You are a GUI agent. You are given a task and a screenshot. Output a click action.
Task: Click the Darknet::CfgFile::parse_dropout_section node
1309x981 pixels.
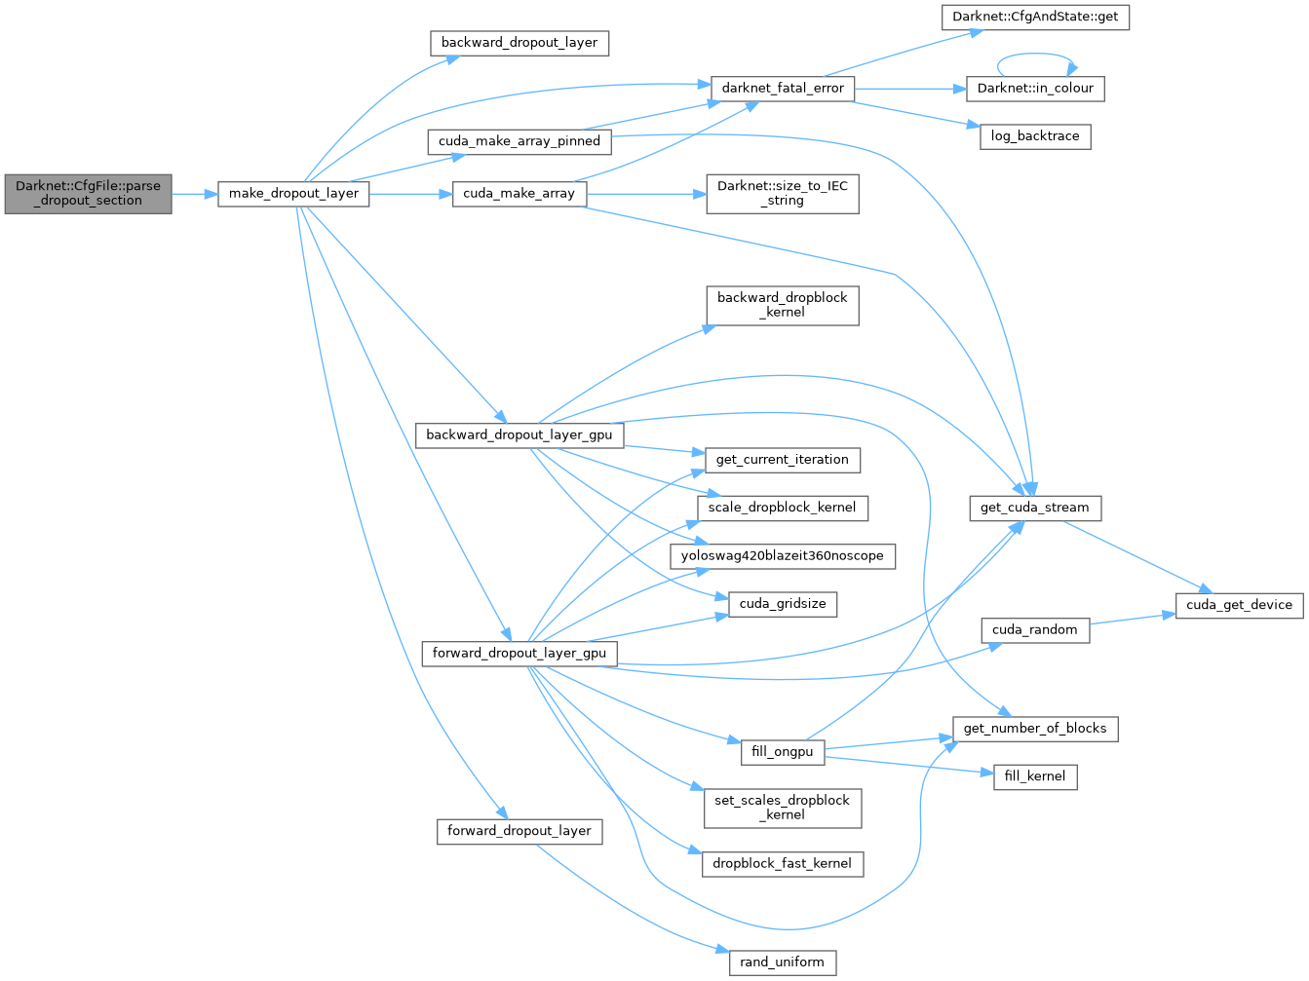88,193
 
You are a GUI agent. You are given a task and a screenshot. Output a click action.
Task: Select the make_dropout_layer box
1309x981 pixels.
293,193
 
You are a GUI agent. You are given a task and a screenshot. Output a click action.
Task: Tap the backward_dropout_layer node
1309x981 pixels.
519,43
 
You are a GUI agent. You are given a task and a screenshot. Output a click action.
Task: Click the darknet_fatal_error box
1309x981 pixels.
783,88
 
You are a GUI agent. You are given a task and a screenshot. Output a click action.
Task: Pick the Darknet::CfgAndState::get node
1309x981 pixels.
1034,18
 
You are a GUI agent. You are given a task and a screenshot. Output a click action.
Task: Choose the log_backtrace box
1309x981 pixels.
1034,136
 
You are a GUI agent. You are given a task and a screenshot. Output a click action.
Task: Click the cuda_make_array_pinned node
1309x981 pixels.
519,141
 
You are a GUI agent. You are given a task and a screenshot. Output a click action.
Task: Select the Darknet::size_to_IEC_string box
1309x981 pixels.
783,193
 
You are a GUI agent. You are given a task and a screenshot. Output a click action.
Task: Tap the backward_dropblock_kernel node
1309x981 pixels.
783,305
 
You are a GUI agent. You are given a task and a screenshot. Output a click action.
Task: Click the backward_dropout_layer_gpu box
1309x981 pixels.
519,434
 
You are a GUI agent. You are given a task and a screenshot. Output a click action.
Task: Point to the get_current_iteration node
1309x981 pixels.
782,460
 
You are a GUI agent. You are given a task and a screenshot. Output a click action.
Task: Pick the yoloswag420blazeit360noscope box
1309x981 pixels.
782,555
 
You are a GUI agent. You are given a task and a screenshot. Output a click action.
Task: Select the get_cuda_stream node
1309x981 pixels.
1034,508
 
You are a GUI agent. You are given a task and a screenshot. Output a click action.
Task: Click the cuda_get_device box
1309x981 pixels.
1239,605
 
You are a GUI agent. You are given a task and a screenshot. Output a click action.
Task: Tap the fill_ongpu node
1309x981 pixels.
782,752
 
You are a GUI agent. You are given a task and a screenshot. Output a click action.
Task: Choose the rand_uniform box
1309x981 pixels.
782,962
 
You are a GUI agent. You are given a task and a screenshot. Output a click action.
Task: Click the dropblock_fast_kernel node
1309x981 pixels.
782,863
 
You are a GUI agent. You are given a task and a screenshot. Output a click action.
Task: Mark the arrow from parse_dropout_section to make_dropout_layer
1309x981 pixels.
194,194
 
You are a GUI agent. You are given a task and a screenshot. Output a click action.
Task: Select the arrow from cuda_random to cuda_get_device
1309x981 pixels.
1131,620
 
